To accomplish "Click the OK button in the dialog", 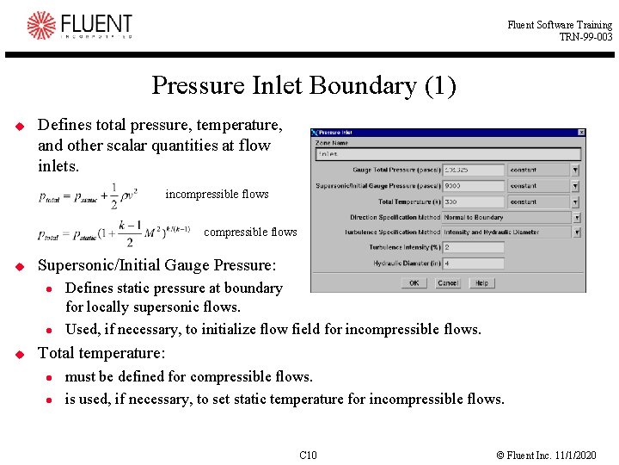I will click(414, 282).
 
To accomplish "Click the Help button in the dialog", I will click(481, 282).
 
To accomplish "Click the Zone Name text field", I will click(448, 154).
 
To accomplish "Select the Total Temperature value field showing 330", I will click(472, 201).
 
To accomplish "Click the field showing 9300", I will click(472, 186).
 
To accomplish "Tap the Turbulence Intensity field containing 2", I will click(472, 248).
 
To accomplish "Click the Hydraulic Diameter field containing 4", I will click(472, 263).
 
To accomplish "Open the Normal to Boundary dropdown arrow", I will click(575, 217).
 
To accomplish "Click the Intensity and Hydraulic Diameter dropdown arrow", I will click(575, 232).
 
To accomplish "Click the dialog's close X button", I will click(581, 133).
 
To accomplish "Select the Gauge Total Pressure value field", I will click(472, 170).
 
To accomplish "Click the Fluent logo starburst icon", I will click(40, 25).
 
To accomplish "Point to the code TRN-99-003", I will click(585, 37).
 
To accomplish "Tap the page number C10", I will click(308, 455).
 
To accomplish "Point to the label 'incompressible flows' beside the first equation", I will click(217, 194).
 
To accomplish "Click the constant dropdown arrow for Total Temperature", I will click(575, 201).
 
